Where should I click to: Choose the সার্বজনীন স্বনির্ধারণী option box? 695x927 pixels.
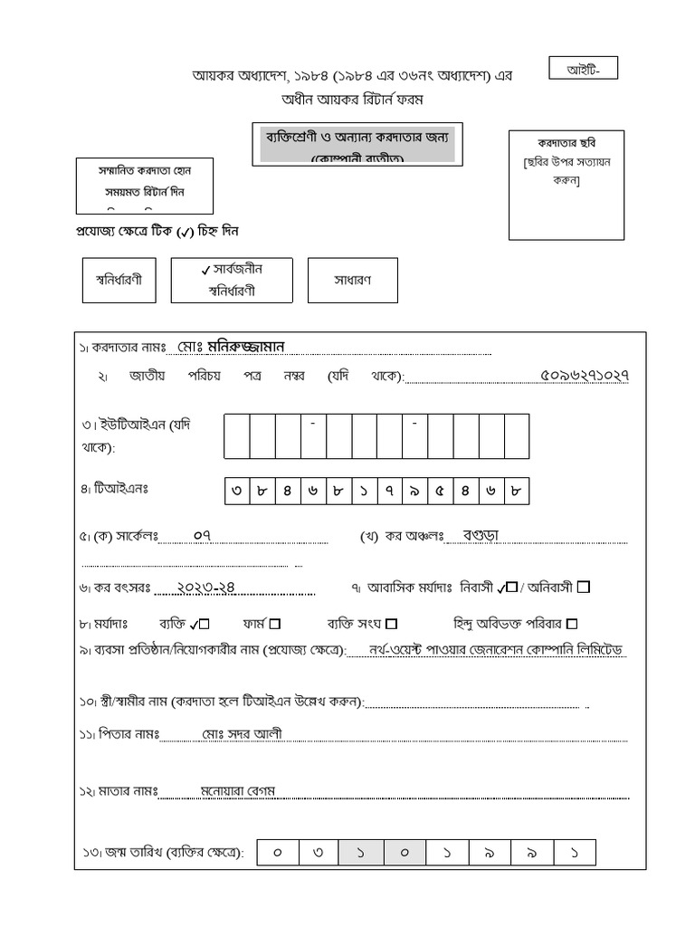point(231,280)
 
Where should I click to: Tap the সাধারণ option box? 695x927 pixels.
point(352,280)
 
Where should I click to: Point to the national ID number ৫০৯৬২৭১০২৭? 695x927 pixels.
point(584,376)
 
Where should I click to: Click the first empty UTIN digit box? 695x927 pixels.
point(237,436)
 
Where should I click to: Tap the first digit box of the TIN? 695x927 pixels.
point(237,492)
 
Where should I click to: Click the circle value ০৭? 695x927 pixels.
point(203,535)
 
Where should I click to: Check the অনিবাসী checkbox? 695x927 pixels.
point(584,587)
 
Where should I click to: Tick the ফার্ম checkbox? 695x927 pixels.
point(275,624)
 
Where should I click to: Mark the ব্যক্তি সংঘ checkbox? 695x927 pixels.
point(391,624)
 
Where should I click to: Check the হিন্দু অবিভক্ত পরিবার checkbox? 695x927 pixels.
point(572,624)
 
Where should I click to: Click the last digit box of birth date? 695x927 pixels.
point(576,853)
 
